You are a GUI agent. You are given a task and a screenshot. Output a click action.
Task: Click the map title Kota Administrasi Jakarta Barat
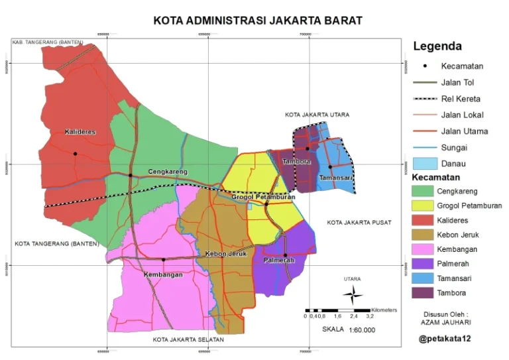click(x=258, y=21)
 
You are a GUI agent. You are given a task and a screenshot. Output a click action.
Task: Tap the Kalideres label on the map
click(x=80, y=132)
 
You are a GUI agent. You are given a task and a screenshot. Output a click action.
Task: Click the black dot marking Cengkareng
click(x=131, y=175)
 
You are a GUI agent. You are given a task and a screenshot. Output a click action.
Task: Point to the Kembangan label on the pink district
click(x=163, y=274)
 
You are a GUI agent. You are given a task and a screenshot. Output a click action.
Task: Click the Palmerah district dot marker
click(x=285, y=255)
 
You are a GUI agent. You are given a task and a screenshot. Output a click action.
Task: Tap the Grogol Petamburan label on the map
click(x=264, y=196)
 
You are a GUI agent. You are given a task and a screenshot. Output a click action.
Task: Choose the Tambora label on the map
click(x=296, y=162)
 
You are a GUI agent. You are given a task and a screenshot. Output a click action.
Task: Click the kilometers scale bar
click(x=337, y=310)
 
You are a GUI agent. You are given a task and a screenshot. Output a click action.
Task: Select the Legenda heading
click(x=437, y=46)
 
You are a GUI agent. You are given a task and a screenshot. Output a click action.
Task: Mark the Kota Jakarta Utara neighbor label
click(x=317, y=115)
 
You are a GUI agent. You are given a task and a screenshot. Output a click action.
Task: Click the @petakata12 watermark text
click(x=449, y=339)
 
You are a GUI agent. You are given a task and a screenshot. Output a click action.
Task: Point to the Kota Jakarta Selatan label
click(x=188, y=339)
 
